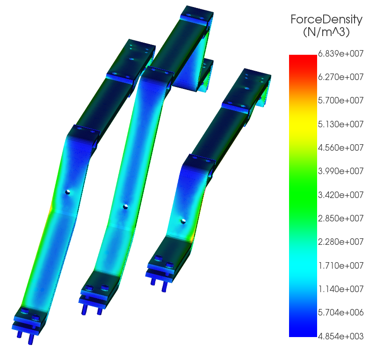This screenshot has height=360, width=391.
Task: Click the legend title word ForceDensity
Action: (x=326, y=20)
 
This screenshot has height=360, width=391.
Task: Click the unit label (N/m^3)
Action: (x=326, y=33)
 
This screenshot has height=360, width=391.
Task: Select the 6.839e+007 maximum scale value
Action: (x=340, y=53)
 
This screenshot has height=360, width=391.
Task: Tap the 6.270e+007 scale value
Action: (x=340, y=77)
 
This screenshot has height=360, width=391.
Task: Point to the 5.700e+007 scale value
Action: (x=340, y=100)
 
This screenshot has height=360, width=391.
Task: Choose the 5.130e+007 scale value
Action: (x=340, y=124)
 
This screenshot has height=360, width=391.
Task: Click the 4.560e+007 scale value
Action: (x=340, y=147)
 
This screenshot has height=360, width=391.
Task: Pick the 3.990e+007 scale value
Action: (x=340, y=171)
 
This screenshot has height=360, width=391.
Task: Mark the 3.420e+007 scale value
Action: (x=340, y=195)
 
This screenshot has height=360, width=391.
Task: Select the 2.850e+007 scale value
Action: (x=340, y=218)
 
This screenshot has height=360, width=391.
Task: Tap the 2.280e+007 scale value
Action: (x=340, y=242)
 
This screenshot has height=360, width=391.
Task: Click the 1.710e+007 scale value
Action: (x=340, y=265)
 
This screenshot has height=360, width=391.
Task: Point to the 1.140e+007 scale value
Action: (x=340, y=289)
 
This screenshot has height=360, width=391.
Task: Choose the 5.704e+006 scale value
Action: (x=340, y=312)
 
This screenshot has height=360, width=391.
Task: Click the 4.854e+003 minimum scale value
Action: (x=340, y=336)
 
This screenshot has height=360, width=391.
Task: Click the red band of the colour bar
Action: (x=303, y=61)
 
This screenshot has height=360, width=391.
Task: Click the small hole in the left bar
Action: (x=68, y=192)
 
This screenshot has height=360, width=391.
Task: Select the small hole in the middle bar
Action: (x=125, y=206)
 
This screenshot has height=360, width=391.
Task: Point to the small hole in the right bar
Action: (x=183, y=220)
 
